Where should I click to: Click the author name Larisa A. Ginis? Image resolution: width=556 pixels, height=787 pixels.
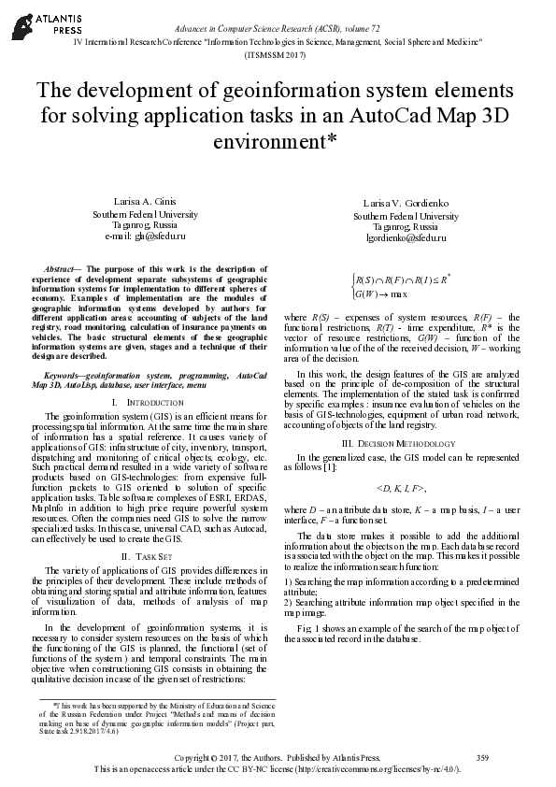pyautogui.click(x=139, y=203)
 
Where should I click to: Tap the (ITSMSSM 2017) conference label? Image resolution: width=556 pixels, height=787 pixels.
pyautogui.click(x=278, y=55)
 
